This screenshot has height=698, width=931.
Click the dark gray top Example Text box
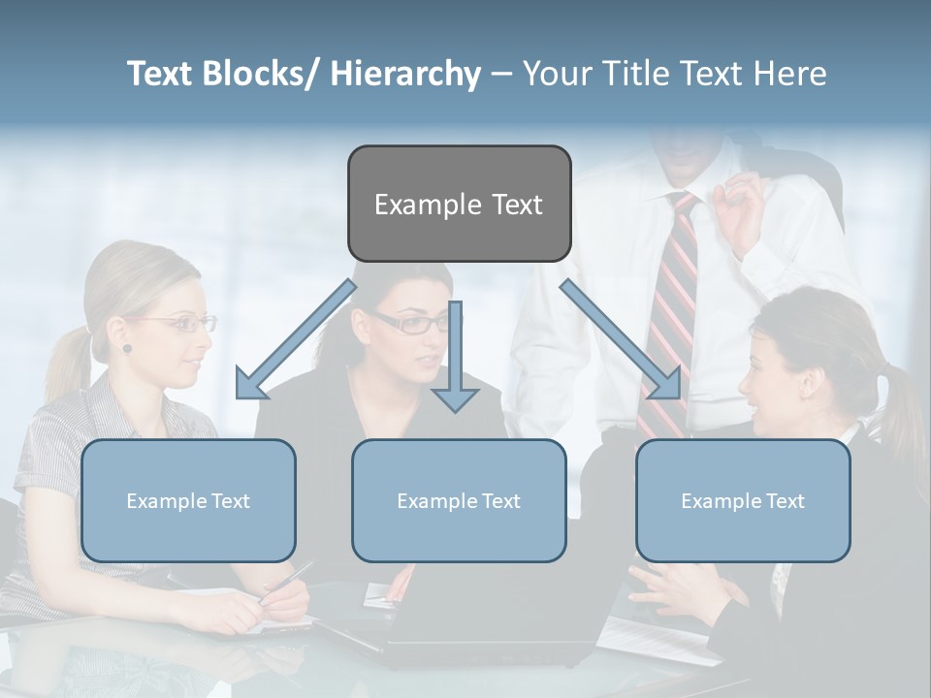459,204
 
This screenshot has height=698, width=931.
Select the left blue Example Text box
188,500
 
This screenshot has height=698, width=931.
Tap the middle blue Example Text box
459,500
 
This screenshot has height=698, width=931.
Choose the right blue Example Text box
743,500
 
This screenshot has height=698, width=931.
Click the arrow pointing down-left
295,339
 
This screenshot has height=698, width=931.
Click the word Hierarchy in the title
405,74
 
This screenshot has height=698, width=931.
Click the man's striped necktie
668,310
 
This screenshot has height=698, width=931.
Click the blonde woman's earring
126,348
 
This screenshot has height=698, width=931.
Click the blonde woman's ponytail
68,364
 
